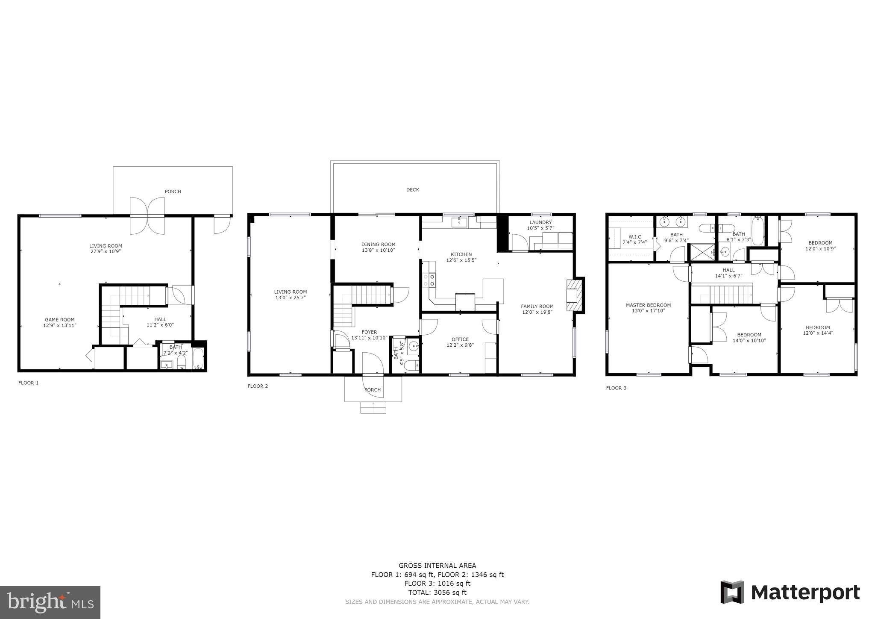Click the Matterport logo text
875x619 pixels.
[x=805, y=593]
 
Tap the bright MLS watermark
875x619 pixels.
[x=50, y=602]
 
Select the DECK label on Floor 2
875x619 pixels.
[x=412, y=189]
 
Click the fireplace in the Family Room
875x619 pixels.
[x=574, y=295]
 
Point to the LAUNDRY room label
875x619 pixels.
[x=540, y=222]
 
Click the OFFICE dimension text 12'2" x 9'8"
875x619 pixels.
[x=460, y=345]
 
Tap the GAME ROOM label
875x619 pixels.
[x=59, y=319]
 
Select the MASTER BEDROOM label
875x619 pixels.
[x=648, y=305]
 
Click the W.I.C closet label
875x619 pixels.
[x=634, y=236]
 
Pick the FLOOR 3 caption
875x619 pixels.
[x=616, y=388]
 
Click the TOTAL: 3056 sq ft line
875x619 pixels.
[x=437, y=592]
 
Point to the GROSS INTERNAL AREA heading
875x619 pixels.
[x=437, y=566]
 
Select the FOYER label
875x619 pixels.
[x=369, y=332]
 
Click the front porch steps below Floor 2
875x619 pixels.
[x=373, y=407]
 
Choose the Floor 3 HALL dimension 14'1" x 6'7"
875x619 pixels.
[x=728, y=276]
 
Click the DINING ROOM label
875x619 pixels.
[x=378, y=245]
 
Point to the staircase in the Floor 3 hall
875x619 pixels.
[x=731, y=295]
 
